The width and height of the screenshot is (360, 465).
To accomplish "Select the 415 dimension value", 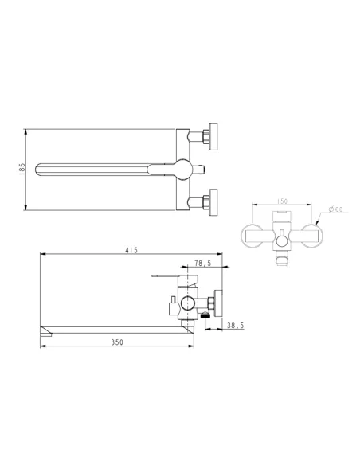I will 131,250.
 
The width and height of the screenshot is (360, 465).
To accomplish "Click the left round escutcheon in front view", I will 256,236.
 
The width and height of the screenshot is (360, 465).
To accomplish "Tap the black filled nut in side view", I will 205,315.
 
